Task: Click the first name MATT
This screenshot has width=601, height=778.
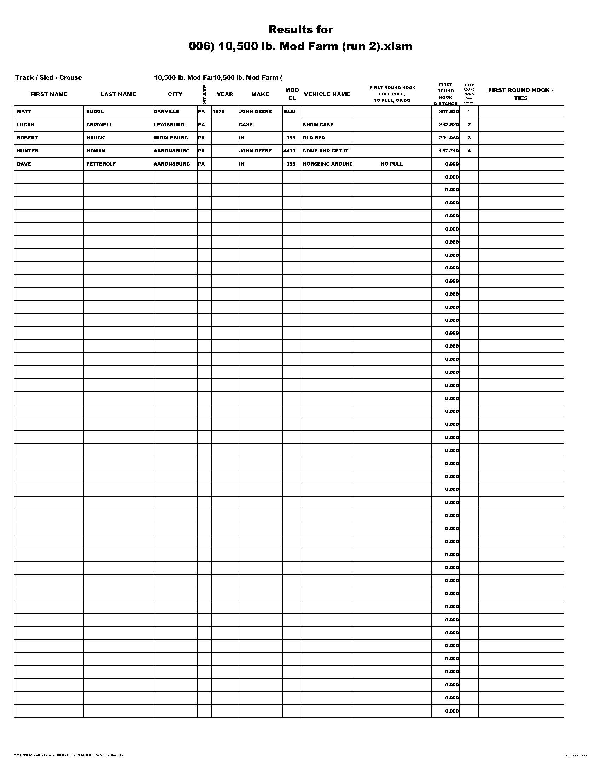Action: click(x=24, y=111)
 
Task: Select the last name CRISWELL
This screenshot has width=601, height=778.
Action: click(x=99, y=125)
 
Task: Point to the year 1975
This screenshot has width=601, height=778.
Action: click(x=218, y=111)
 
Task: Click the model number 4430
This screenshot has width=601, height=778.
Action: click(x=289, y=151)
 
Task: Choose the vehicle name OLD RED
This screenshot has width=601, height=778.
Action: click(x=314, y=138)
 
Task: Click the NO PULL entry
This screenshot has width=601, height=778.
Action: click(x=392, y=164)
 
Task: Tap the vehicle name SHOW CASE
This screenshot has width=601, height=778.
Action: click(x=318, y=125)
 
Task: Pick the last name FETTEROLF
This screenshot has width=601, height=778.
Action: click(x=101, y=164)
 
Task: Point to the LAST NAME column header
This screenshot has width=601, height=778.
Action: click(x=118, y=94)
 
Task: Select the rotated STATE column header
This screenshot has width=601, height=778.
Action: click(x=204, y=94)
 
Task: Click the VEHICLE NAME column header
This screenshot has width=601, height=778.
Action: click(x=327, y=94)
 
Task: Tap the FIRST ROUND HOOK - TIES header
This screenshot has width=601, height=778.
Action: click(x=520, y=94)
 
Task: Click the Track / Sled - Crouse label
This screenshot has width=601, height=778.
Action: click(x=48, y=78)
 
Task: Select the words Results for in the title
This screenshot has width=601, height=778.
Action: click(x=300, y=30)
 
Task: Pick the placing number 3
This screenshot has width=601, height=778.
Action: click(x=469, y=138)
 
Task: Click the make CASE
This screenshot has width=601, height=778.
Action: click(x=246, y=125)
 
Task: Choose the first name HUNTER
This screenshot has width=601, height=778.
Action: click(x=28, y=151)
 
